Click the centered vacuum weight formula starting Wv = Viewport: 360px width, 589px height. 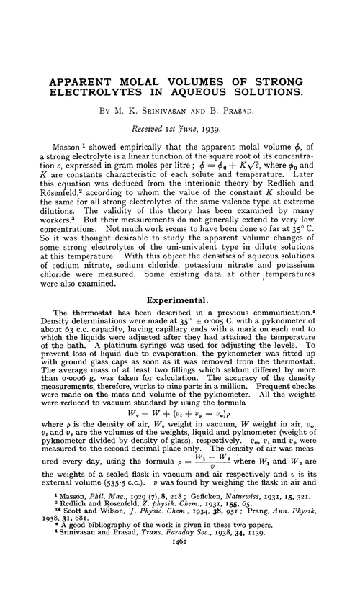tap(179, 415)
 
